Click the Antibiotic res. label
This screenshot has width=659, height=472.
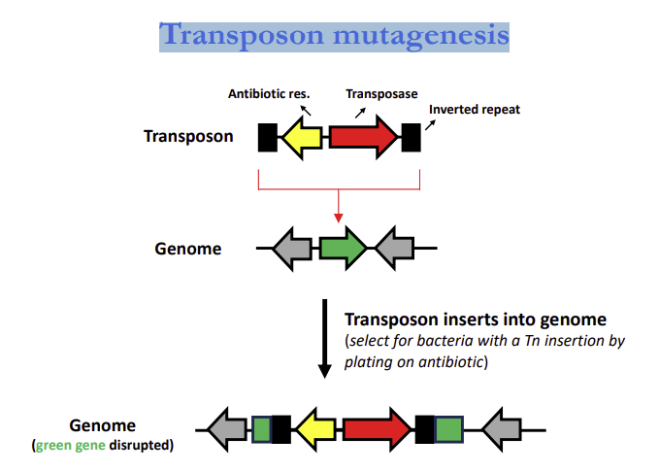tap(269, 94)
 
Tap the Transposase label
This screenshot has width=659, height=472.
tap(381, 94)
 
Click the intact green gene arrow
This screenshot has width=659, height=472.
tap(343, 249)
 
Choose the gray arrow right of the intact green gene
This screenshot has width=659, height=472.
tap(394, 249)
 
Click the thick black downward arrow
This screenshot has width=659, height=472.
tap(325, 339)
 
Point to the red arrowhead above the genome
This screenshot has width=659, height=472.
tap(338, 216)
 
